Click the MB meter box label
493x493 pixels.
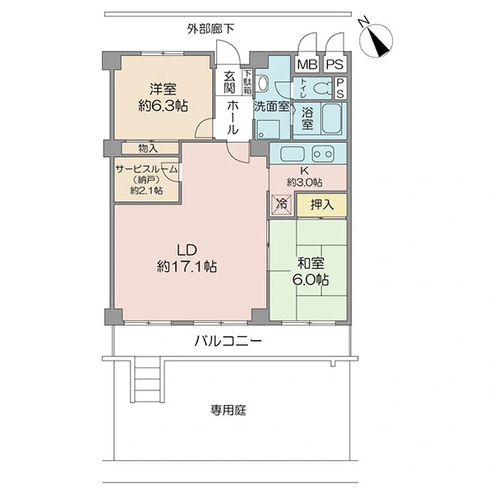pos(307,64)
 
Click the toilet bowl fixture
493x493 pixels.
pos(323,89)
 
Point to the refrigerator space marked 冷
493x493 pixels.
pos(282,205)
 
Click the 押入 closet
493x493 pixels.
pos(322,205)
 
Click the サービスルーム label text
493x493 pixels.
pos(147,169)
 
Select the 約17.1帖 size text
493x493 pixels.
pos(187,266)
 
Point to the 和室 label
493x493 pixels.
pos(311,264)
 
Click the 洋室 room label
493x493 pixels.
pos(163,90)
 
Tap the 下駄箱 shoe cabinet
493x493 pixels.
pos(247,81)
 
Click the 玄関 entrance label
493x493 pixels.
pos(229,82)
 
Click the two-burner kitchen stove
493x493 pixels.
pos(323,154)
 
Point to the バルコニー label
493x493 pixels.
pos(228,341)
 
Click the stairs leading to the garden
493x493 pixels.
pos(147,380)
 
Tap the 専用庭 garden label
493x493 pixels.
pos(228,410)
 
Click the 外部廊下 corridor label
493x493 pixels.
pos(210,29)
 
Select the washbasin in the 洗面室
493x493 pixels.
pos(261,84)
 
